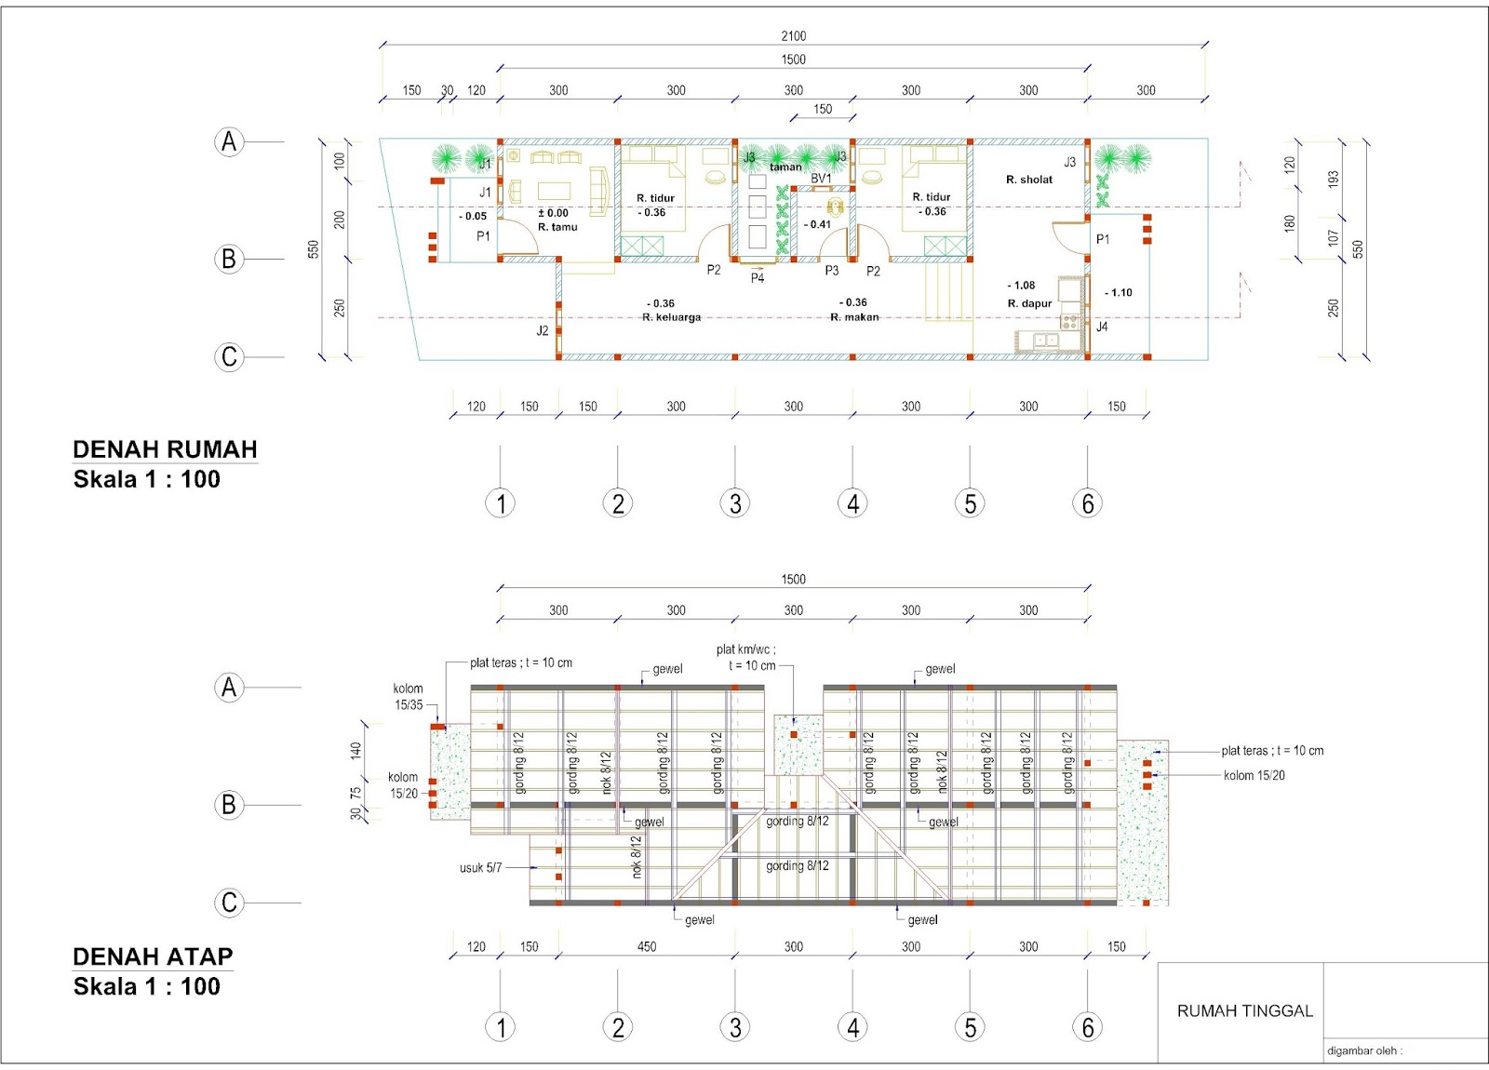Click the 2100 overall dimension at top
[x=793, y=36]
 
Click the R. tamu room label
[x=557, y=227]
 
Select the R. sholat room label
[x=1029, y=180]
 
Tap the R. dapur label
[x=1029, y=303]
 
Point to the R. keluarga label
[x=671, y=317]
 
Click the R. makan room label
[x=854, y=317]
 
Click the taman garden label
[x=785, y=167]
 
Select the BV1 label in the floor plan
[x=821, y=179]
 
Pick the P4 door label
[x=758, y=278]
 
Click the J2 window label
[x=543, y=330]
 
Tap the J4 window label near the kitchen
[x=1102, y=327]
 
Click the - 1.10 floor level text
[x=1118, y=292]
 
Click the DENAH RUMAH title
[x=165, y=449]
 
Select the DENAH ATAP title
[x=153, y=956]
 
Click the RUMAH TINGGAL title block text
[x=1244, y=1010]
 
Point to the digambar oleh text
[x=1363, y=1050]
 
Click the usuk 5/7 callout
[x=480, y=868]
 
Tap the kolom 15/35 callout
[x=408, y=697]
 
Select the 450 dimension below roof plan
[x=647, y=946]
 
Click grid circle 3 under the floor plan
[x=735, y=503]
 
